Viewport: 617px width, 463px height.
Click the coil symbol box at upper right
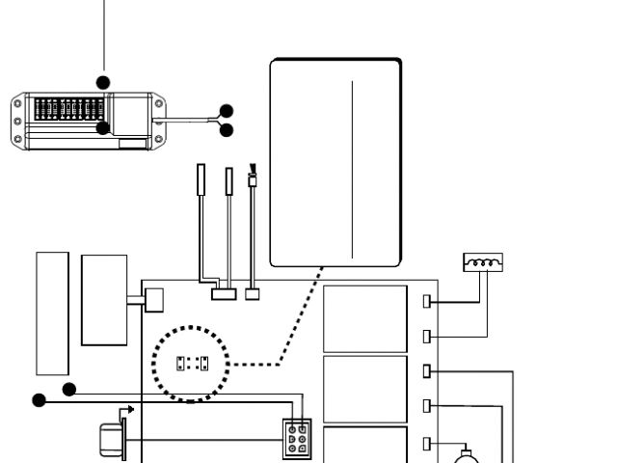[x=483, y=261]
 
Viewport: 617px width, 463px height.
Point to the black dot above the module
[x=103, y=82]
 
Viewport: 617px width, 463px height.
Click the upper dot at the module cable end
[x=227, y=111]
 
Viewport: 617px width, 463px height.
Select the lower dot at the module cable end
[x=227, y=130]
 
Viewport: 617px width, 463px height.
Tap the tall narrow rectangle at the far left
[x=52, y=313]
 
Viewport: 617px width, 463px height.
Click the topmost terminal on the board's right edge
[x=427, y=302]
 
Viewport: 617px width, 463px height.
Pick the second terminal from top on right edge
[x=427, y=336]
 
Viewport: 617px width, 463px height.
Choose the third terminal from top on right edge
[x=427, y=369]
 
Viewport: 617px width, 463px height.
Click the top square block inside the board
[x=364, y=318]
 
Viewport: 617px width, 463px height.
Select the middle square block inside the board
[x=364, y=389]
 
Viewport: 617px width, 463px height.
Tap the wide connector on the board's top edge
[x=223, y=293]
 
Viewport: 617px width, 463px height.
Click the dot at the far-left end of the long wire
[x=39, y=400]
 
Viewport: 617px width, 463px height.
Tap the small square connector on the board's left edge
[x=149, y=303]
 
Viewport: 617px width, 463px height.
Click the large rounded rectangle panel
[x=335, y=161]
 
